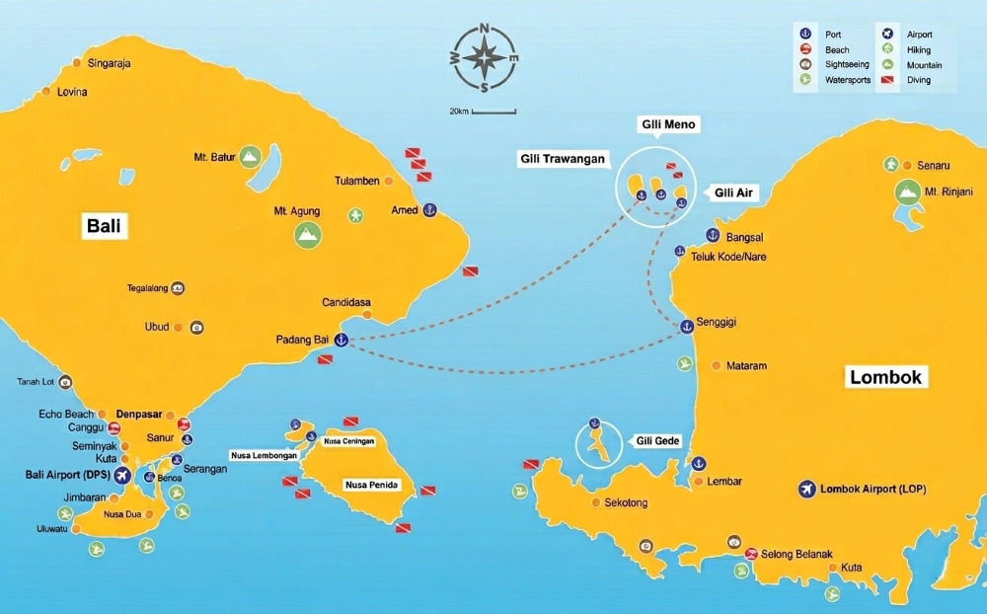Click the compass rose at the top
click(x=484, y=57)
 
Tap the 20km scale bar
click(x=493, y=111)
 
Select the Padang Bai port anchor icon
click(x=342, y=341)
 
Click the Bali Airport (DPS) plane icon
click(x=122, y=476)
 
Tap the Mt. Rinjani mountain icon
click(x=905, y=192)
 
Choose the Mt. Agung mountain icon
click(x=308, y=234)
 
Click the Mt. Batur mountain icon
click(x=249, y=156)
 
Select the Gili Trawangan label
click(x=564, y=158)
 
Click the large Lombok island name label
click(x=885, y=377)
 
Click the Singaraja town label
click(x=109, y=63)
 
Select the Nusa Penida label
click(x=369, y=485)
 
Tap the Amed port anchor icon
click(x=429, y=210)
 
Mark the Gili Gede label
click(x=658, y=440)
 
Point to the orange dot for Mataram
click(x=719, y=366)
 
